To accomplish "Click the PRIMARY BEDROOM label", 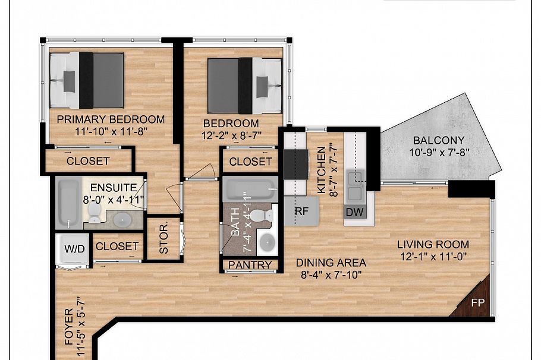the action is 111,119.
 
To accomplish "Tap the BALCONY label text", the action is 439,140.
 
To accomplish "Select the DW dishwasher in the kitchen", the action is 355,212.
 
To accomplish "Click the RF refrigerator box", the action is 301,211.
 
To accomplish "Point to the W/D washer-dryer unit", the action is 74,250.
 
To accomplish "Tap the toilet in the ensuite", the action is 94,212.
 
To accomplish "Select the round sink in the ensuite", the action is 122,219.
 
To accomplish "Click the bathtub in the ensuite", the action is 69,203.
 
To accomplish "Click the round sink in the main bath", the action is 267,242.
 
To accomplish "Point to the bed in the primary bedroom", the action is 87,80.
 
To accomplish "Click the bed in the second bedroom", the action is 244,86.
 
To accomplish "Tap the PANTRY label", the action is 250,265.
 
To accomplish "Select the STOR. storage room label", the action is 164,239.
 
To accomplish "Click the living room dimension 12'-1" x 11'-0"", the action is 433,257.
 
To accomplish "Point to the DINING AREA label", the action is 331,263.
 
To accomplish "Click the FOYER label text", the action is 69,327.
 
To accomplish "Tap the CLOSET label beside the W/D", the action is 117,246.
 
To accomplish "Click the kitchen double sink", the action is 355,186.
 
